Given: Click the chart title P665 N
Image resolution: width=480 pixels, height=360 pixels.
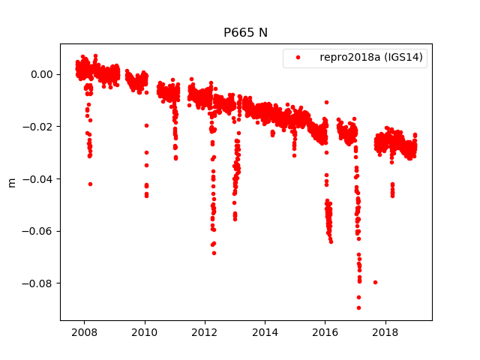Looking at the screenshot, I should coord(245,33).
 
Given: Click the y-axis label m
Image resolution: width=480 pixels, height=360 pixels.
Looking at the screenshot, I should coord(11,182).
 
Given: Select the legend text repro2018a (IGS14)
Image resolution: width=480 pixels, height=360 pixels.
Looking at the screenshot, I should coord(373,58).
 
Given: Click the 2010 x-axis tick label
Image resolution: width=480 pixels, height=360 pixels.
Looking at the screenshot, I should coord(145,332).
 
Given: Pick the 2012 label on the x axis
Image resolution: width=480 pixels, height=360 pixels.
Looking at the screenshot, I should coord(205,332).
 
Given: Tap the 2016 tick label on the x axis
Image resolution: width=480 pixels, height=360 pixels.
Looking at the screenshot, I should coord(325,332).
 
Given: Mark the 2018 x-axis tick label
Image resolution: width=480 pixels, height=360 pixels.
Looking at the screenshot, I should coord(385,332).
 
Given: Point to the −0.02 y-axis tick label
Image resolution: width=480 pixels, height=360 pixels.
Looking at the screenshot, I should coord(37,127).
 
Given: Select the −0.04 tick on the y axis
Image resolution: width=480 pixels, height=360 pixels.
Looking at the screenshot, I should coord(37,178).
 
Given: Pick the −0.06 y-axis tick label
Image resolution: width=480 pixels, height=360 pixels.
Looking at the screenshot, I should coord(37,231).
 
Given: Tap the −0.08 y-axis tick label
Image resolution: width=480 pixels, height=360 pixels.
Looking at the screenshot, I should coord(37,283).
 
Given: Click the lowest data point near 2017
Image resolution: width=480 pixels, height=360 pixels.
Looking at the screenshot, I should coord(358,307).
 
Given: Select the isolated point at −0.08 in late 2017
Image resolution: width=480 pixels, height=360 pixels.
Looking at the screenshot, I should coord(375,282).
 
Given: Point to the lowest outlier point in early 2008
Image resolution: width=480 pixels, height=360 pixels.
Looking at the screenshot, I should coord(90,184).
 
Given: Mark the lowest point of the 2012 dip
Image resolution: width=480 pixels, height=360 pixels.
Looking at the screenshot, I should coord(214,253).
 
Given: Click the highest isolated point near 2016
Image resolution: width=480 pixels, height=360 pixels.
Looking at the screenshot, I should coord(326,102).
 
